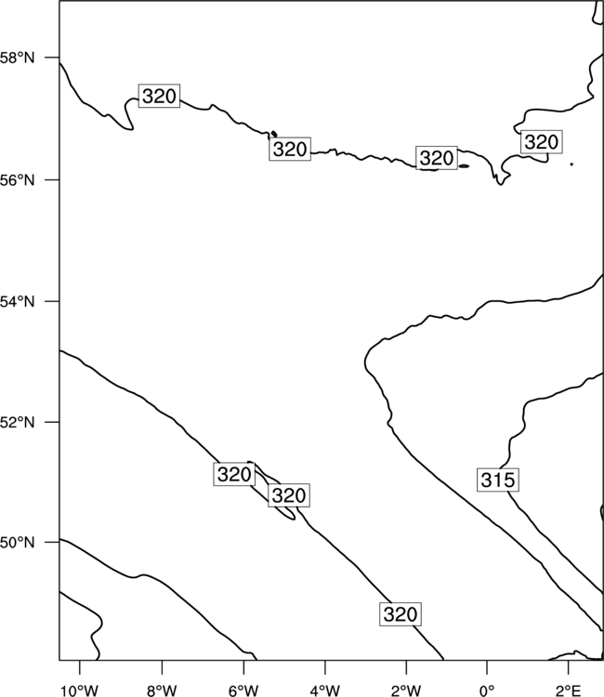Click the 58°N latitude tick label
[17, 58]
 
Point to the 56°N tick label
[17, 180]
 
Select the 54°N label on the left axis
[17, 302]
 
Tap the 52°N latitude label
[17, 422]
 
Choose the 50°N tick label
[17, 543]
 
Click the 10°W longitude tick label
[80, 690]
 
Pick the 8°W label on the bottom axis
[162, 690]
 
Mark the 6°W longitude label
[243, 690]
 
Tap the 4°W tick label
[324, 690]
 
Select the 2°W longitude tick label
[406, 690]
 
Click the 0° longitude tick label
[487, 690]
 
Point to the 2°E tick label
[568, 690]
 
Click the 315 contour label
[498, 480]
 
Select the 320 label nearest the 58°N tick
[159, 96]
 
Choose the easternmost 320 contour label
[541, 142]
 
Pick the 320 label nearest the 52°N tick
[234, 474]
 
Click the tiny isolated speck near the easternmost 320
[571, 164]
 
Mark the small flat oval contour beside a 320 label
[464, 166]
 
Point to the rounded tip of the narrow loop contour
[293, 518]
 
